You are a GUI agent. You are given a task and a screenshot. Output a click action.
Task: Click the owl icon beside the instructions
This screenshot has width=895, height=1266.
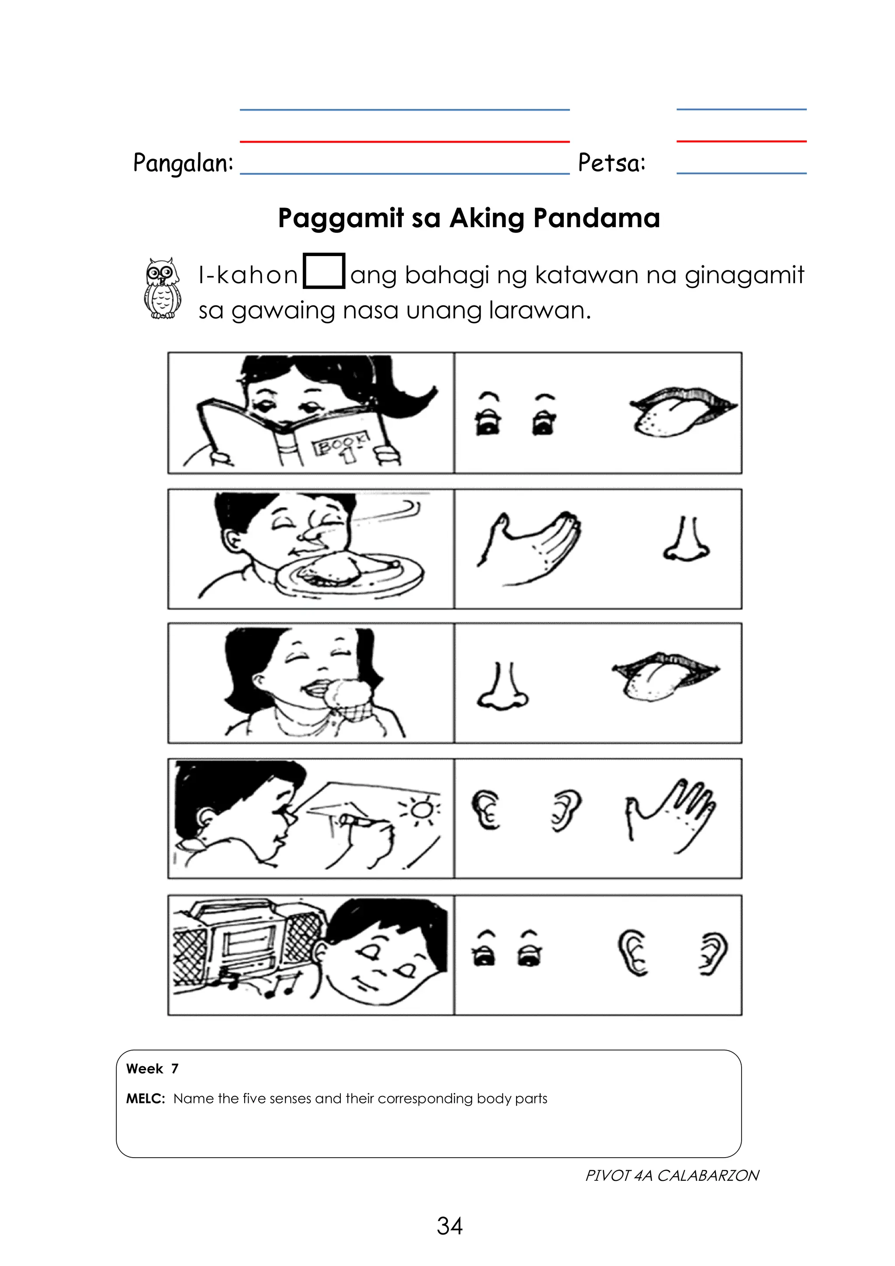pos(162,288)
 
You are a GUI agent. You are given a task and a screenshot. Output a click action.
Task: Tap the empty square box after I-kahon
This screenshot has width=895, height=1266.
pos(324,271)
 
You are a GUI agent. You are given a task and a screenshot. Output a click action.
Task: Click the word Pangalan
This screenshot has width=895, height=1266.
pos(183,163)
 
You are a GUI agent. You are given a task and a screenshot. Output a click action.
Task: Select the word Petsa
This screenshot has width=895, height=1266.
pos(611,163)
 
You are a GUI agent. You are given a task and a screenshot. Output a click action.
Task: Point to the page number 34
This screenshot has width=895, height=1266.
pos(449,1226)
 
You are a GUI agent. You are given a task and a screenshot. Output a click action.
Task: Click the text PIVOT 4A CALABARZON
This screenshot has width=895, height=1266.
pos(672,1176)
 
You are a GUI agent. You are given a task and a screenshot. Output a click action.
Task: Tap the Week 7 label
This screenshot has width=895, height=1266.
pos(152,1068)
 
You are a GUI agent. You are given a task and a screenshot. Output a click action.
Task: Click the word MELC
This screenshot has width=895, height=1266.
pos(145,1098)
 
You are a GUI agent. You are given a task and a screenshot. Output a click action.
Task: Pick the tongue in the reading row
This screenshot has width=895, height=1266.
pos(682,412)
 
